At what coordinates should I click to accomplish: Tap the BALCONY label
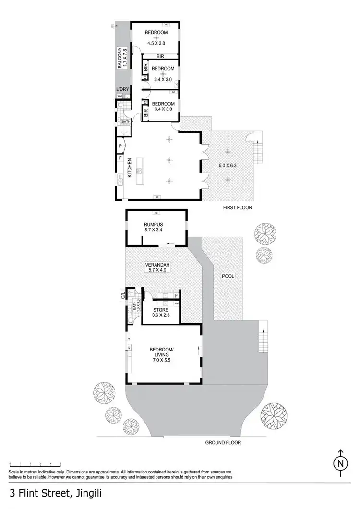pyautogui.click(x=122, y=57)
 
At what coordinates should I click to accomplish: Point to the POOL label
pyautogui.click(x=227, y=276)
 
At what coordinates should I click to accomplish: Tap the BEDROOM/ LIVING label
pyautogui.click(x=161, y=352)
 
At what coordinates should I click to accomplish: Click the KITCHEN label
pyautogui.click(x=129, y=169)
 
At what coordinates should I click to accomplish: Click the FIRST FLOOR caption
pyautogui.click(x=237, y=208)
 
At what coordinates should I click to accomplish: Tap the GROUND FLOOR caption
pyautogui.click(x=223, y=442)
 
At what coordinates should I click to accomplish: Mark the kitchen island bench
pyautogui.click(x=140, y=170)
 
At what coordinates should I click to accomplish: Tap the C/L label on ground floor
pyautogui.click(x=123, y=295)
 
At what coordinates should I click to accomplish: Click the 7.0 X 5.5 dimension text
pyautogui.click(x=161, y=359)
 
